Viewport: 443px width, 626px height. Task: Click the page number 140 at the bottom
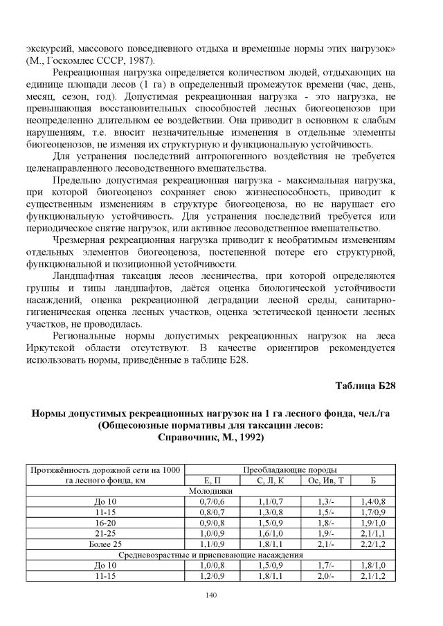coord(221,595)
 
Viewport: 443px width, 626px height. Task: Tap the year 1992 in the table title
coord(250,438)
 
